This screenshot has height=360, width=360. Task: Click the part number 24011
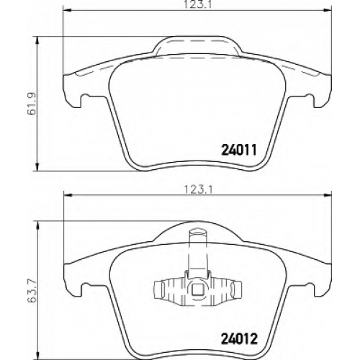pyautogui.click(x=240, y=150)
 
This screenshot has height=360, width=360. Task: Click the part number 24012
pyautogui.click(x=238, y=339)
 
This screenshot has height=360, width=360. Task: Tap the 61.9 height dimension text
pyautogui.click(x=32, y=104)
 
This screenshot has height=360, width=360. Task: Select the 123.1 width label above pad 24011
pyautogui.click(x=197, y=4)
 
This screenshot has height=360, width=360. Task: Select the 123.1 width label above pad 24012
pyautogui.click(x=197, y=190)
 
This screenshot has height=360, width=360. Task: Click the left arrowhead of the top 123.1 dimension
pyautogui.click(x=67, y=10)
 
